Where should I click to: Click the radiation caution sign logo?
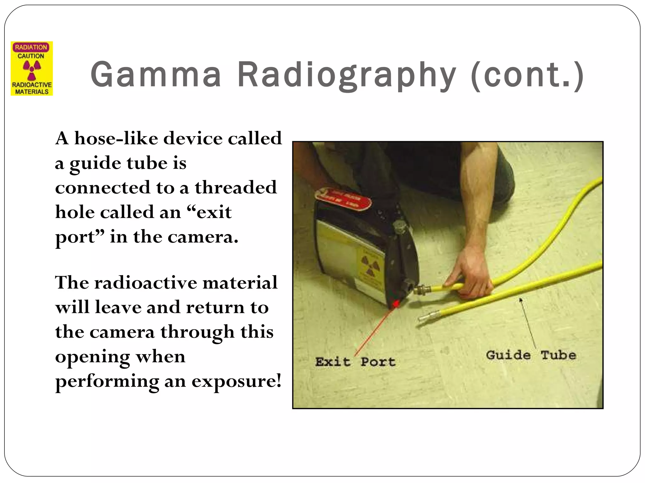tap(32, 69)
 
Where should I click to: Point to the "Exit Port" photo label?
tap(355, 362)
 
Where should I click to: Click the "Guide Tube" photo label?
tap(531, 355)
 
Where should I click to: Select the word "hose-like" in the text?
tap(116, 138)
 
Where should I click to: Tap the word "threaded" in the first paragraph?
tap(236, 187)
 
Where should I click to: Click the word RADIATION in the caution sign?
tap(31, 47)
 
